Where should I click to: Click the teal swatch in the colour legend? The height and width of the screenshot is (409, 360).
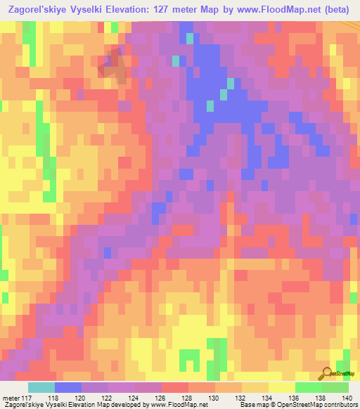tap(41, 387)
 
